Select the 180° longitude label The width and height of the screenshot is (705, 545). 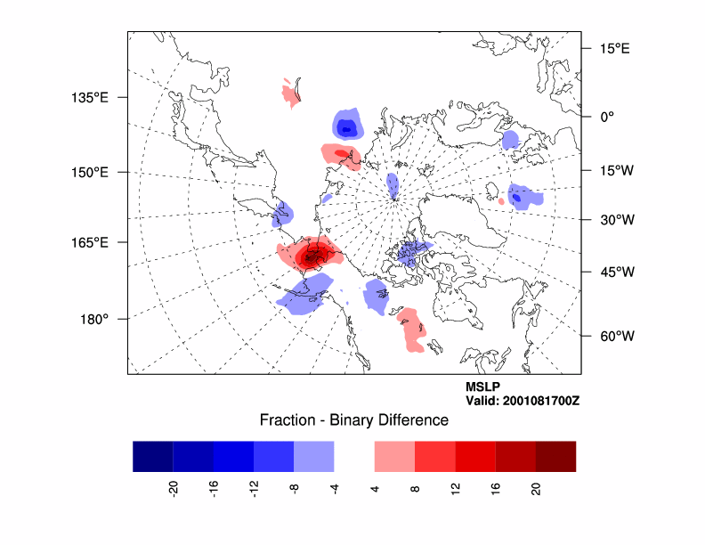tap(94, 319)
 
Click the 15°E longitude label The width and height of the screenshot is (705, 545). tap(614, 48)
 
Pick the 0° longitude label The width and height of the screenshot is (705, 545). tap(608, 116)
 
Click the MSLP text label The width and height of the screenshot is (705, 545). tap(482, 387)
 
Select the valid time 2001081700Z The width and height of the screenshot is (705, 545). tap(523, 402)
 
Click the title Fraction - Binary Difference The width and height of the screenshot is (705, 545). tap(353, 419)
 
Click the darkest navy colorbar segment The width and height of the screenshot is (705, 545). tap(152, 456)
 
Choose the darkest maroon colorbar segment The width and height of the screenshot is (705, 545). tap(555, 456)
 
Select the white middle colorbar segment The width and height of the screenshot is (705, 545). tap(354, 456)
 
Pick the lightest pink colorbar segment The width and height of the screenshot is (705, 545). tap(394, 456)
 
